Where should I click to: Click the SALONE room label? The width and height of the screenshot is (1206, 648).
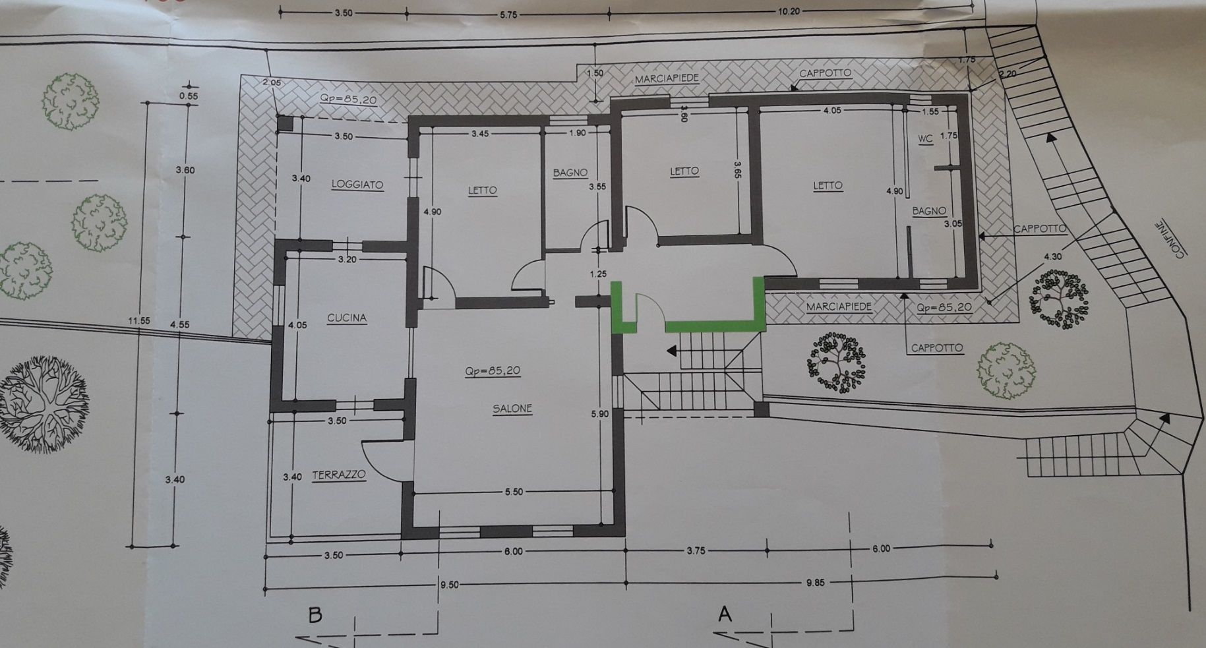(x=512, y=409)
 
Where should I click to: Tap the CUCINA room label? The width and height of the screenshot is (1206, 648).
(x=347, y=318)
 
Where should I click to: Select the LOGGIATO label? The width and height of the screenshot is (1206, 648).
(x=357, y=185)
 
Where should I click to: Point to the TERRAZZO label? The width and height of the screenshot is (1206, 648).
(x=339, y=475)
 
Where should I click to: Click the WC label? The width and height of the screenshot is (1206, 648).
(x=925, y=139)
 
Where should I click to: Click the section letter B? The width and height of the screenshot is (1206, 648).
(x=315, y=616)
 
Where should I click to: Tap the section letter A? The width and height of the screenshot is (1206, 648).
(x=725, y=614)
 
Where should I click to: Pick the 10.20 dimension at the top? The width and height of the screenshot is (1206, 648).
(x=788, y=11)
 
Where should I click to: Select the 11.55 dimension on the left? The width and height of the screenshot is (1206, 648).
(x=139, y=321)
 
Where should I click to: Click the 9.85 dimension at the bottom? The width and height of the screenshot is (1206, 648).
(x=815, y=583)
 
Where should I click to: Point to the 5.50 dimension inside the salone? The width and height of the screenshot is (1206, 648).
(x=513, y=492)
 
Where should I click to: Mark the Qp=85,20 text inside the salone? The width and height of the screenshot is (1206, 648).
(x=493, y=371)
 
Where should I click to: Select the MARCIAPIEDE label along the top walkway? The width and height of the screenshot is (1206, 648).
(x=667, y=79)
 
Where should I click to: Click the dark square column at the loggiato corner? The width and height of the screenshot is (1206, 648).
(x=284, y=123)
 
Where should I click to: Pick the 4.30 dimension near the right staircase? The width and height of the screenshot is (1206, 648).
(x=1053, y=256)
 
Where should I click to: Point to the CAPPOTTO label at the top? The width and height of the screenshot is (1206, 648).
(x=825, y=73)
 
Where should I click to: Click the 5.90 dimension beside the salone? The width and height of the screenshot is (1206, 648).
(x=599, y=414)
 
